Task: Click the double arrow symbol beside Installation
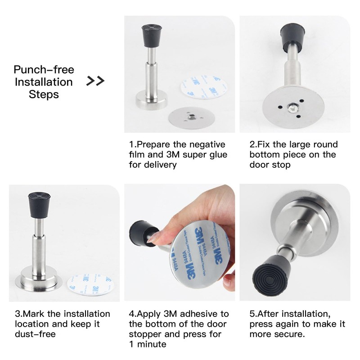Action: point(95,81)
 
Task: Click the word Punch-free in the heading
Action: point(44,70)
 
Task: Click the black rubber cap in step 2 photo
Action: point(293,36)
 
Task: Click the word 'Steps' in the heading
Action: point(44,94)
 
